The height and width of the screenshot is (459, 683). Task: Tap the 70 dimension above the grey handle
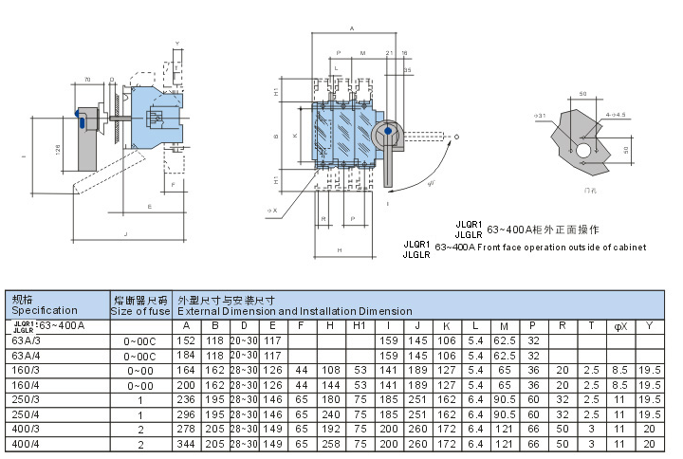tap(87, 80)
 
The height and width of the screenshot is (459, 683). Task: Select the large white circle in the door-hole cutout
tap(580, 150)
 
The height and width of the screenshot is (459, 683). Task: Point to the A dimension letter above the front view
tap(351, 29)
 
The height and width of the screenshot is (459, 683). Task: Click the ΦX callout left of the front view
tap(271, 210)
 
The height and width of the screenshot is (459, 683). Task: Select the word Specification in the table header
tap(45, 310)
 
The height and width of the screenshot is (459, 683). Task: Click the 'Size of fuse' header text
tap(139, 310)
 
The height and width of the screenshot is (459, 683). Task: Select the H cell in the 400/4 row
tap(330, 444)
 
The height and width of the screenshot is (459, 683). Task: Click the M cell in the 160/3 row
tap(503, 370)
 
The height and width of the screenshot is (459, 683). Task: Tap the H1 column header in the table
tap(360, 326)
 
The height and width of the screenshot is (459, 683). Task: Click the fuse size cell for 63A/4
tap(139, 356)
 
